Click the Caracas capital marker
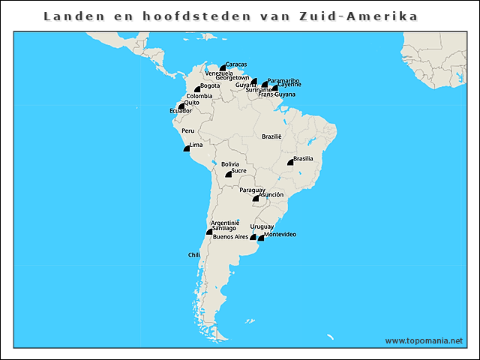pos(223,68)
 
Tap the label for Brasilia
pos(303,158)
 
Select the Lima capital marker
pos(186,148)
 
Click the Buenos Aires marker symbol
pos(253,238)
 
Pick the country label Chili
pos(194,255)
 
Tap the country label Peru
pos(187,130)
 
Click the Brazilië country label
pos(271,136)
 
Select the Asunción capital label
pos(271,194)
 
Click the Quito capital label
pos(191,103)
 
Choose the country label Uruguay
pos(262,226)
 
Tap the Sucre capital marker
pos(229,175)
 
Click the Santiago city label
pos(223,228)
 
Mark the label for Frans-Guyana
pos(277,95)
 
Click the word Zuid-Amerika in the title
pos(364,16)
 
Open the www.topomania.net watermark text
pos(424,340)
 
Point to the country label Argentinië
pos(225,223)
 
